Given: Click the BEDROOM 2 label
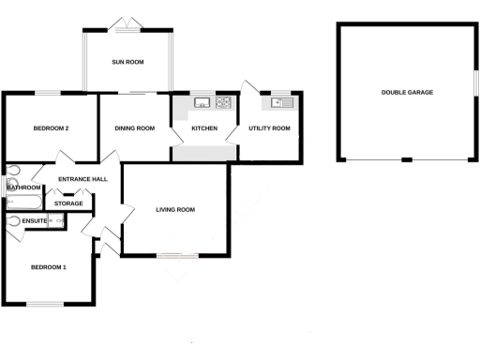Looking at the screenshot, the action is click(x=52, y=127).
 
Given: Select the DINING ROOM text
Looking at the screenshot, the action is click(x=134, y=127).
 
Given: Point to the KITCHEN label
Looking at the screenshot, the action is click(x=204, y=127).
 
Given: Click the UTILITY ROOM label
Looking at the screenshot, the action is click(x=269, y=127).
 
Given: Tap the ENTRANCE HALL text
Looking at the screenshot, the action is click(x=82, y=179).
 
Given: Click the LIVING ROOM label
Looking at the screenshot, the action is click(x=175, y=209).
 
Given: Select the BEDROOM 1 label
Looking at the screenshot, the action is click(x=49, y=267).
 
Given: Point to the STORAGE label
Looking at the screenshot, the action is click(x=68, y=203).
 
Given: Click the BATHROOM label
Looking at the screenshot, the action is click(x=23, y=187).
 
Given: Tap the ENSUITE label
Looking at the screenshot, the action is click(x=35, y=221).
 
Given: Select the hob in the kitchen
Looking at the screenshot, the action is click(x=224, y=102).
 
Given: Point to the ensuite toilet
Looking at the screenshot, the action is click(x=13, y=221).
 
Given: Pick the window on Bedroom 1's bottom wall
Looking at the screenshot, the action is click(x=44, y=304).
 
